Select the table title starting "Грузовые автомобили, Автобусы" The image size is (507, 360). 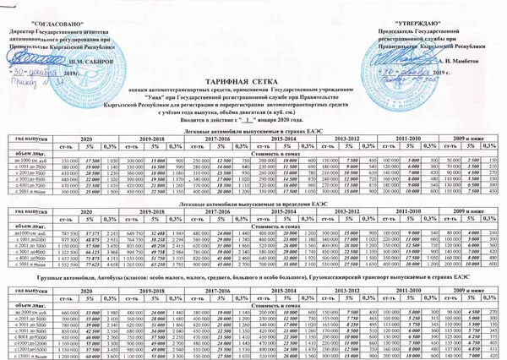click(253, 275)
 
